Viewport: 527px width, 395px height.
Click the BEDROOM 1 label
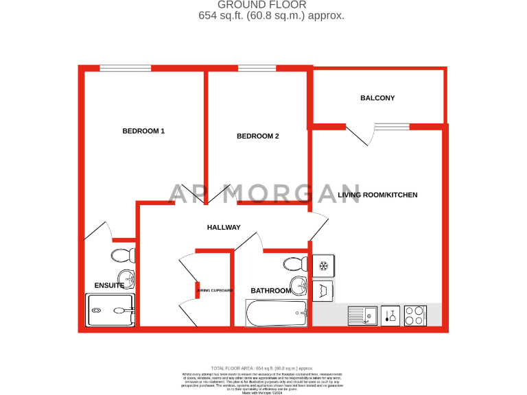click(143, 131)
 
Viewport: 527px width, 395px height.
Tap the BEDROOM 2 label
click(257, 136)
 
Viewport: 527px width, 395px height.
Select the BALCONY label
click(377, 98)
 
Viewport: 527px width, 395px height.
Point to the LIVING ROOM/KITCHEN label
click(377, 195)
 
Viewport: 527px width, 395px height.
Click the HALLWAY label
click(224, 227)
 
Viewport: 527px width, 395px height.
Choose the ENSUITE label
click(109, 285)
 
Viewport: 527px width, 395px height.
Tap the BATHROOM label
click(270, 291)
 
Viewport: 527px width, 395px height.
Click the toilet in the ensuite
click(124, 256)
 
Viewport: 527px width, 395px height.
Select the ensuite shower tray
click(110, 310)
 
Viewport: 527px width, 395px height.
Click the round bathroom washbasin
click(300, 285)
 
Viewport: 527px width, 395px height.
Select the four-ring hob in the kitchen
click(415, 315)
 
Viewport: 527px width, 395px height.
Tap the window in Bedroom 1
click(125, 68)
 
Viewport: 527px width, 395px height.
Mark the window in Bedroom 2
click(257, 68)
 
